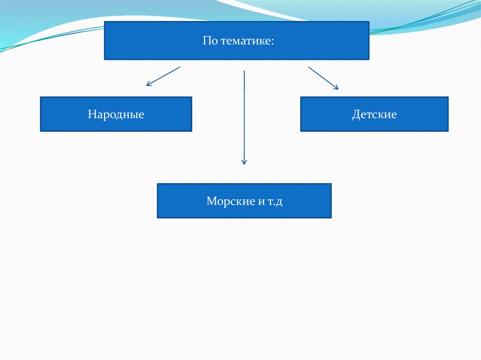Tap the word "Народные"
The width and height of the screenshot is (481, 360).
pyautogui.click(x=116, y=114)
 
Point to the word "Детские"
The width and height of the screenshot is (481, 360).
pyautogui.click(x=374, y=114)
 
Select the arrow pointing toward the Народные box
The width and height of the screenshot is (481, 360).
pyautogui.click(x=163, y=76)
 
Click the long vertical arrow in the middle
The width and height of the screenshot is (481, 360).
pyautogui.click(x=244, y=117)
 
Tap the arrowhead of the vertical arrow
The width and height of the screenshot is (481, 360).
pyautogui.click(x=244, y=162)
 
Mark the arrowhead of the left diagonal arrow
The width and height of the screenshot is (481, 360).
pyautogui.click(x=148, y=84)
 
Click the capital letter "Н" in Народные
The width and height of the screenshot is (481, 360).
pyautogui.click(x=91, y=114)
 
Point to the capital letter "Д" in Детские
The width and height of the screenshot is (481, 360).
pyautogui.click(x=356, y=114)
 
